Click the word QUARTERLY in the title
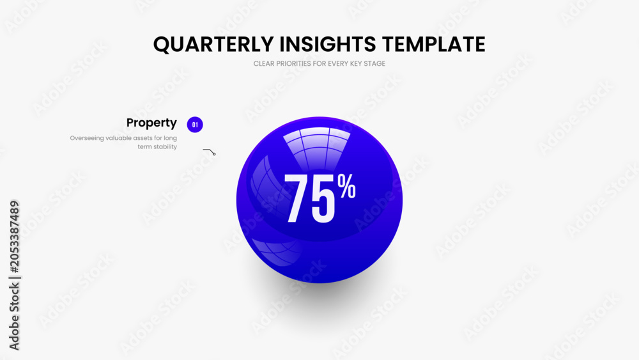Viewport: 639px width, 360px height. click(x=213, y=44)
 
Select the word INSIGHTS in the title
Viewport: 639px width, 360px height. click(x=328, y=44)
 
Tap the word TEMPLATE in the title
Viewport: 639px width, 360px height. click(x=434, y=44)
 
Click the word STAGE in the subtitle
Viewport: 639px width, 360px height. click(x=375, y=63)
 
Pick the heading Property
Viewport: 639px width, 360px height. click(x=151, y=123)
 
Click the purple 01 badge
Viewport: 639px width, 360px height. click(x=195, y=125)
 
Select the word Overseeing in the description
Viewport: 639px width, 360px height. click(x=87, y=138)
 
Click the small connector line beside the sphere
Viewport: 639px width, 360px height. click(x=209, y=152)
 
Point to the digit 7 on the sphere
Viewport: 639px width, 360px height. click(x=296, y=199)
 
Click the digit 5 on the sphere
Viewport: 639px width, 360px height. click(x=323, y=199)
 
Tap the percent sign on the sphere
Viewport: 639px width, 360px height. click(x=346, y=186)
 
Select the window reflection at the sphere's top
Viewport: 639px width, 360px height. click(x=317, y=148)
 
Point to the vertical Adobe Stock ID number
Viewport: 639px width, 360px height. click(x=14, y=237)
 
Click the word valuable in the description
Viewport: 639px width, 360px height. click(x=119, y=138)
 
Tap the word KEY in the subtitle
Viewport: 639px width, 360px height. click(x=356, y=63)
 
